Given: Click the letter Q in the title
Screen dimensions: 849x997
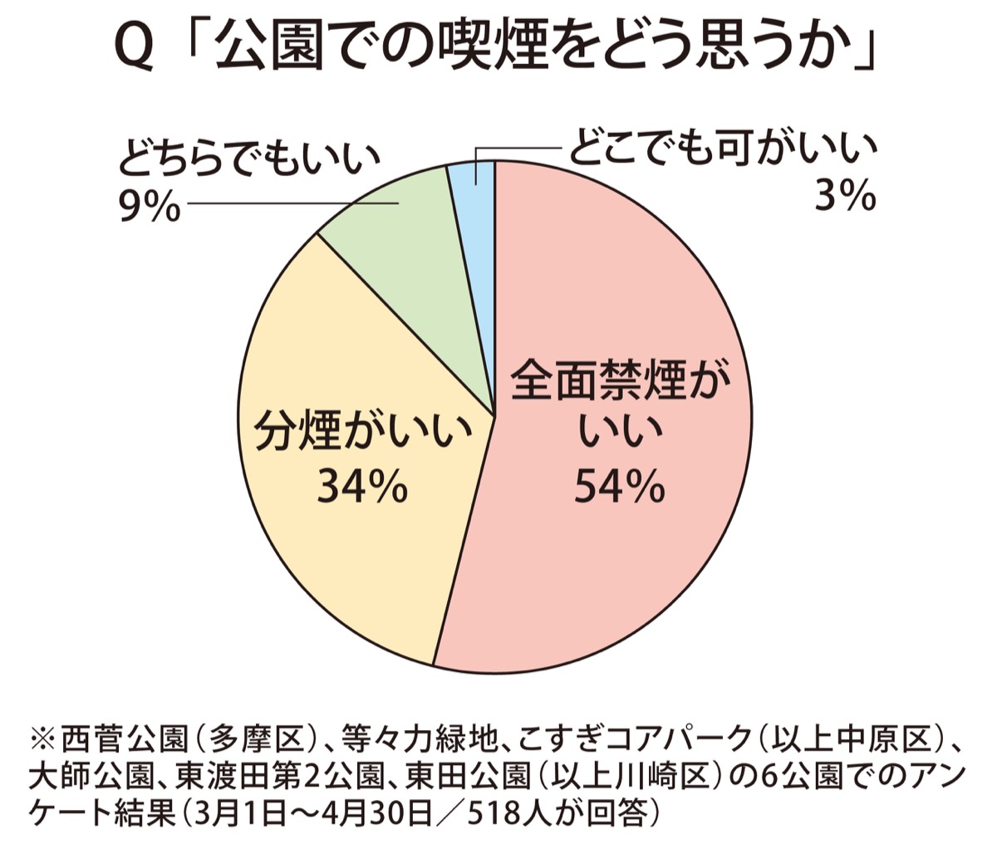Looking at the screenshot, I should tap(133, 52).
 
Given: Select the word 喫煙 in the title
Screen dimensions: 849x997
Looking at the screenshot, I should tap(483, 52).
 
